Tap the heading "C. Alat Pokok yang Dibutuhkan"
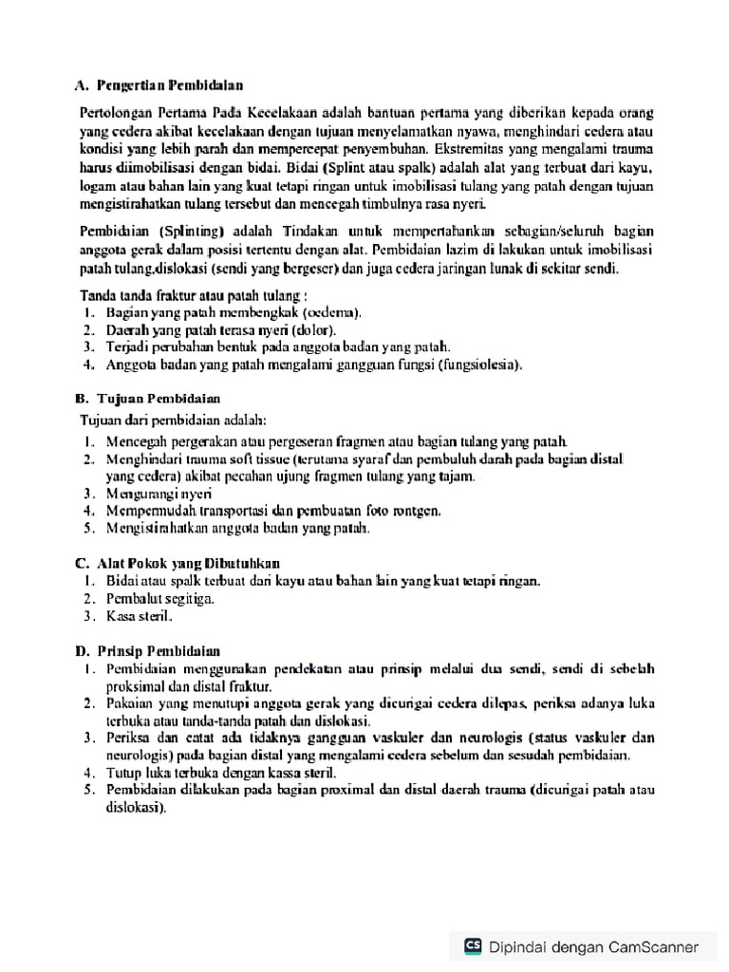(180, 562)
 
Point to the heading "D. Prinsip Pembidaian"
(149, 651)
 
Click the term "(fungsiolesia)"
(478, 364)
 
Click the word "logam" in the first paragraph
(98, 185)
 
